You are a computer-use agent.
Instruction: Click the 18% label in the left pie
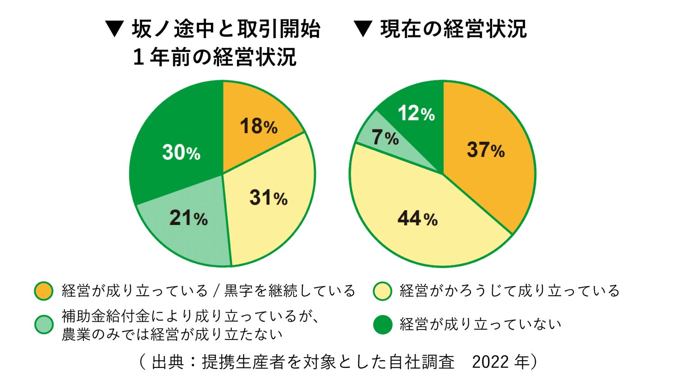[258, 126]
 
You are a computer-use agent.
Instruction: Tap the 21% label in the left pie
[188, 218]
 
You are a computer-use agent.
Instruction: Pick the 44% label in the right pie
[417, 219]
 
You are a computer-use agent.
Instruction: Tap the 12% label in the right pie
[416, 113]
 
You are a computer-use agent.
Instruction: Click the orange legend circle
[44, 291]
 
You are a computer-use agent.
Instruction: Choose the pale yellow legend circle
[383, 291]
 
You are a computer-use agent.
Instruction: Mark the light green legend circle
[44, 325]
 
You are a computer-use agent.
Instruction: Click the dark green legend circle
[383, 325]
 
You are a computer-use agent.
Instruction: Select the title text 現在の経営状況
[453, 29]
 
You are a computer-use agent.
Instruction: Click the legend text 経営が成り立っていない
[480, 325]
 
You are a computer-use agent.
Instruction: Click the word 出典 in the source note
[168, 362]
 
